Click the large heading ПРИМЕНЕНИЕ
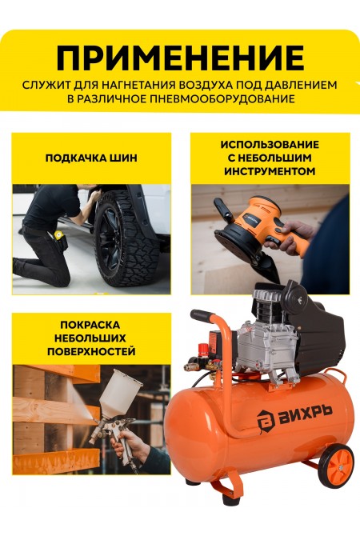point(180,58)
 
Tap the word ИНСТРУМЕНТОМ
point(270,170)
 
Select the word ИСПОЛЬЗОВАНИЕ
point(270,145)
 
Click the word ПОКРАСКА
point(90,325)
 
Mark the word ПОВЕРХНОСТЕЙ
point(90,351)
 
